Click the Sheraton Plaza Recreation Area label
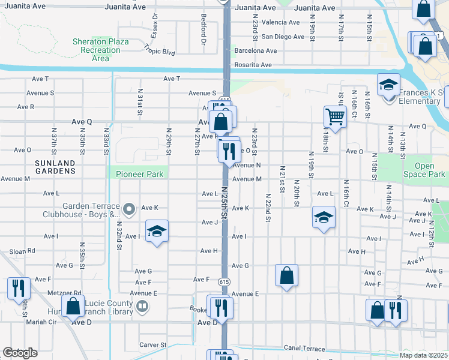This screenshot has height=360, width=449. point(100,50)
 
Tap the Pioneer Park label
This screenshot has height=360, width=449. point(130,174)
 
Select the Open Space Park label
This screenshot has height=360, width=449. point(424,170)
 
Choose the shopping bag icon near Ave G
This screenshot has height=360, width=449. point(287,275)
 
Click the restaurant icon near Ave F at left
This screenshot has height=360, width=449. point(18,288)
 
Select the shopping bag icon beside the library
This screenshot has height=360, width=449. point(73,306)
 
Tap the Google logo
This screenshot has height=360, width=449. point(20,353)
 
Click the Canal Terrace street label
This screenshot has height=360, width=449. point(304,349)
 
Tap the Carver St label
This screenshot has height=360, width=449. point(152,345)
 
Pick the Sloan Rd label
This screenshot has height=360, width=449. point(23,251)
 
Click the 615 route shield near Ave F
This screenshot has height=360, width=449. point(224,281)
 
